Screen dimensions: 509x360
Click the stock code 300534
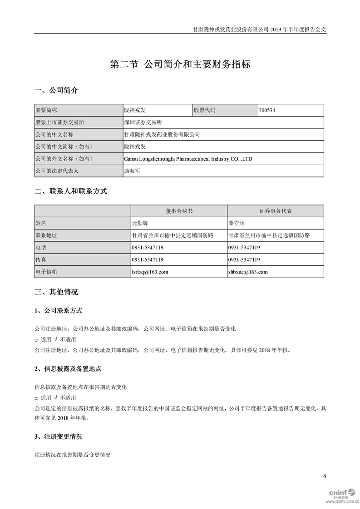click(x=267, y=110)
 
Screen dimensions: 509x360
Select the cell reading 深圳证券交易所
click(x=143, y=122)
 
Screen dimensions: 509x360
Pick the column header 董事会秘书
click(x=179, y=211)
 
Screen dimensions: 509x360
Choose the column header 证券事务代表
click(x=276, y=211)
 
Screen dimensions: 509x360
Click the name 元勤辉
click(x=140, y=223)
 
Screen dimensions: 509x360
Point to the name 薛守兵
click(x=237, y=223)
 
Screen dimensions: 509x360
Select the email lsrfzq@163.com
click(x=150, y=272)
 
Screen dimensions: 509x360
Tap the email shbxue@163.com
click(x=248, y=272)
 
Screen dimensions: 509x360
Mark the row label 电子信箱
click(x=46, y=272)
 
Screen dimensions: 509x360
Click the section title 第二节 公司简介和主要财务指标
click(x=180, y=64)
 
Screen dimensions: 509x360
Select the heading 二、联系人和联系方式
click(x=71, y=191)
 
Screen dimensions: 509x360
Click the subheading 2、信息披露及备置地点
click(x=68, y=369)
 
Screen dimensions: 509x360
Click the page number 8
click(x=324, y=476)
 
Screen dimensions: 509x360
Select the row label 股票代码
click(x=205, y=110)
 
